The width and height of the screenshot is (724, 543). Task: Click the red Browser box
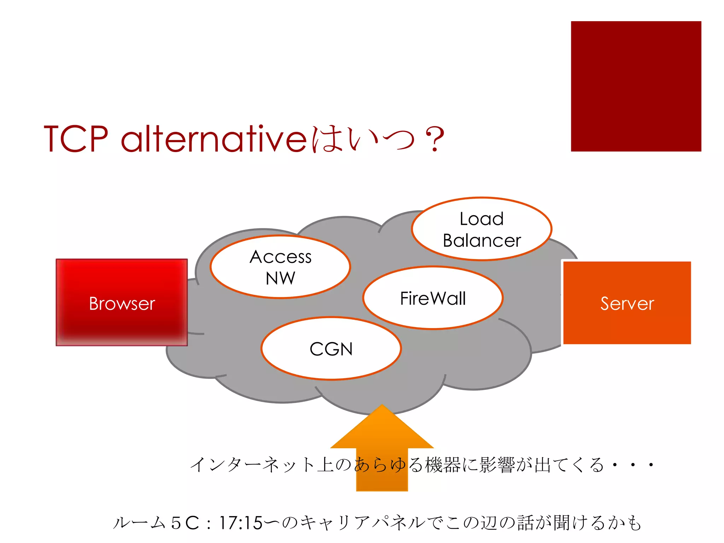(x=122, y=303)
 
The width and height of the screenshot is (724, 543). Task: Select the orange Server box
(x=627, y=303)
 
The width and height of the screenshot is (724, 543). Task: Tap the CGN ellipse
(x=331, y=349)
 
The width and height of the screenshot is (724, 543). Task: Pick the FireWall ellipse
(x=433, y=298)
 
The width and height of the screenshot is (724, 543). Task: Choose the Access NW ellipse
(x=280, y=267)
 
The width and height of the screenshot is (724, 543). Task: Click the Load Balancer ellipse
(x=481, y=229)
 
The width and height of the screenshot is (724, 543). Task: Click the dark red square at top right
(x=636, y=86)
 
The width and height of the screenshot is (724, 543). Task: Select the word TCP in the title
(x=76, y=139)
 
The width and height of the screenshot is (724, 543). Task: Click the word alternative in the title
(x=214, y=139)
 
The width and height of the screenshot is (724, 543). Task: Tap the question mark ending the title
(x=434, y=140)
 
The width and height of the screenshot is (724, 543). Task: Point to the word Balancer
(x=481, y=241)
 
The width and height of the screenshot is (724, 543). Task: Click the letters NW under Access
(x=280, y=278)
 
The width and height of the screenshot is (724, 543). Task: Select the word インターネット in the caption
(x=252, y=465)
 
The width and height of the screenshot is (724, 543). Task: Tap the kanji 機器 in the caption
(x=443, y=465)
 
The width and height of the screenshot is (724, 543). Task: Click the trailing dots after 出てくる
(x=633, y=465)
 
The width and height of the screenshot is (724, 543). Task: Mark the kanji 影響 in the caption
(x=497, y=465)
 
